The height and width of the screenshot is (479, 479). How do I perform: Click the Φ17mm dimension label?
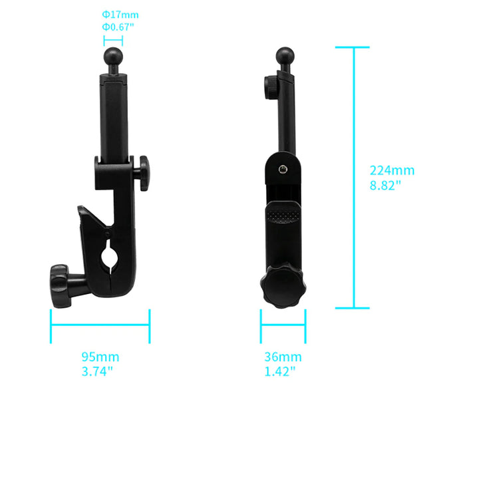coord(120,14)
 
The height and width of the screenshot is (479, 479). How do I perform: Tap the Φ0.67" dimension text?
coord(118,27)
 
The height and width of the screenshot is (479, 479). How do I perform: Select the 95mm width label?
coord(100,357)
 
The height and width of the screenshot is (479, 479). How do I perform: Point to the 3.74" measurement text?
coord(98,371)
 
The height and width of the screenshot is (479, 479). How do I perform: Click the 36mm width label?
coord(283,357)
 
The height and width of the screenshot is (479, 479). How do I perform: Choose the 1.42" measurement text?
coord(280,371)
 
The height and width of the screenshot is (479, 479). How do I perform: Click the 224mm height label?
coord(392,170)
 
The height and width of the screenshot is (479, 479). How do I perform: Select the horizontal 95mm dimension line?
coord(100,326)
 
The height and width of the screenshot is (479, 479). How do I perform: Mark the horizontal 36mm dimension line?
coord(283,326)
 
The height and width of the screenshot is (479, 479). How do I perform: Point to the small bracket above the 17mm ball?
coord(112,41)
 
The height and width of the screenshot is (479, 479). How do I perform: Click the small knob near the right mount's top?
coord(269,87)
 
